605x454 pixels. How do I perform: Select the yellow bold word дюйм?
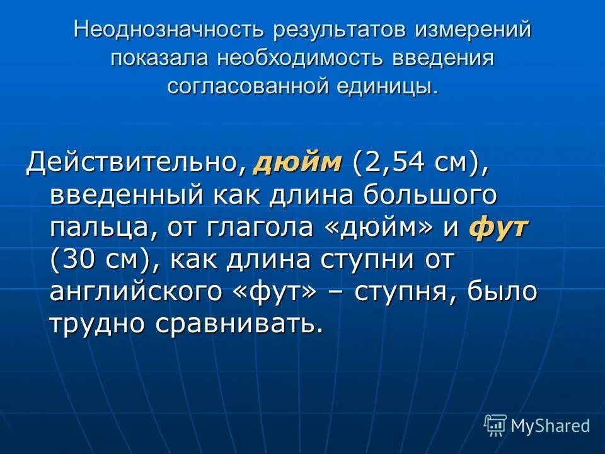coord(297,163)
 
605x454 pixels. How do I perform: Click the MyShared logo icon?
coord(495,425)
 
